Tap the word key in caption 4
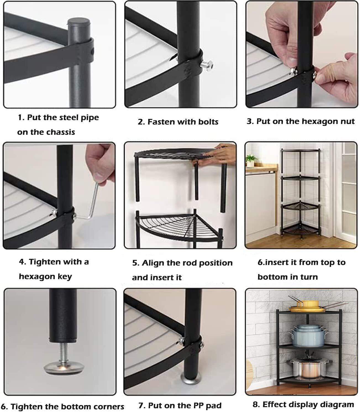pos(65,277)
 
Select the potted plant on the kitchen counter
pos(251,160)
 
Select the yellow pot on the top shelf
pos(308,304)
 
